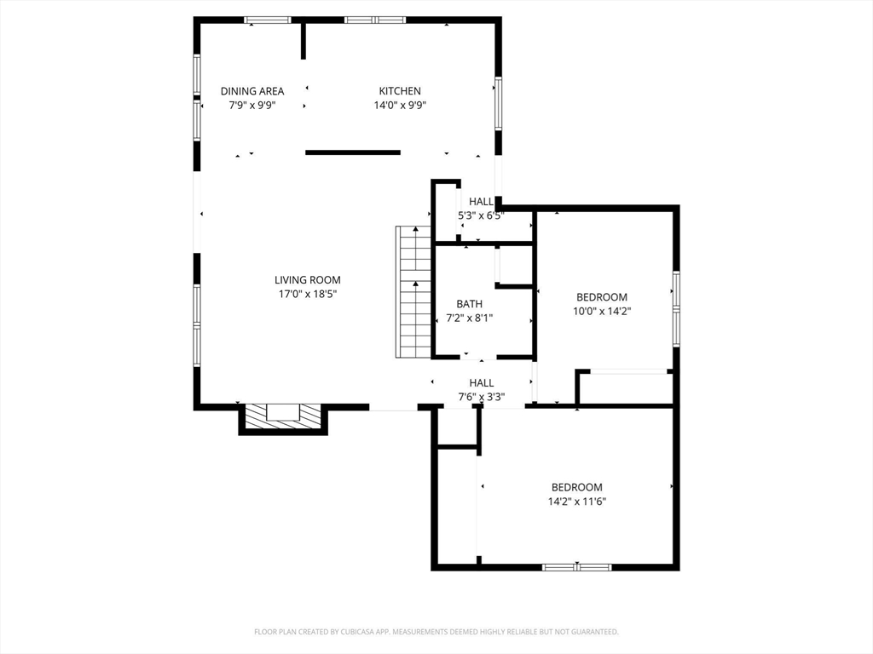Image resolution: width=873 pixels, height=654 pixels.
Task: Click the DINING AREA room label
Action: pyautogui.click(x=252, y=91)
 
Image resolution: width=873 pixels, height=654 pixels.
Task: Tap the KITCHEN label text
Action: pyautogui.click(x=400, y=91)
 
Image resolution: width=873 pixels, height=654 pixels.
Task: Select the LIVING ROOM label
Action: pyautogui.click(x=307, y=280)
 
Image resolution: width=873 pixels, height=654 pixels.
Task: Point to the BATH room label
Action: pyautogui.click(x=470, y=304)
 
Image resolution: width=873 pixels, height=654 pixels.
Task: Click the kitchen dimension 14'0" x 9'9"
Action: pyautogui.click(x=400, y=105)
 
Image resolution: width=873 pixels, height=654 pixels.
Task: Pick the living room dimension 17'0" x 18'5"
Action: pyautogui.click(x=308, y=294)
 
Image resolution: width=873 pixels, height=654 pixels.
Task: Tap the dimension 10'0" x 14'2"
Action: pyautogui.click(x=602, y=312)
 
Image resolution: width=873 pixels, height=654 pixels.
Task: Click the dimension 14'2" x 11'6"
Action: pyautogui.click(x=577, y=502)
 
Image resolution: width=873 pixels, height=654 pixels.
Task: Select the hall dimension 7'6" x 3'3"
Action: pyautogui.click(x=481, y=397)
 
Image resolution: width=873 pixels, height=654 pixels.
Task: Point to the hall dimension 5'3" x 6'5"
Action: pyautogui.click(x=481, y=215)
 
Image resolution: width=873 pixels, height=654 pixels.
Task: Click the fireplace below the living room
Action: pyautogui.click(x=283, y=418)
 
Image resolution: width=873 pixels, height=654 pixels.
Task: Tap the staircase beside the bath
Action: pyautogui.click(x=413, y=291)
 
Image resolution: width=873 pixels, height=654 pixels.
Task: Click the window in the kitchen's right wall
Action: pyautogui.click(x=498, y=103)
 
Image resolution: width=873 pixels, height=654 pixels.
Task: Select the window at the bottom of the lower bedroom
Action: pyautogui.click(x=577, y=567)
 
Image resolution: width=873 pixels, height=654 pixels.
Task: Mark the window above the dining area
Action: pyautogui.click(x=268, y=20)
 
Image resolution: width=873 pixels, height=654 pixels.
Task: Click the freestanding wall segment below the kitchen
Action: pyautogui.click(x=353, y=152)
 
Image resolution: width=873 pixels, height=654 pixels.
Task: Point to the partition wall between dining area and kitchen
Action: pyautogui.click(x=304, y=40)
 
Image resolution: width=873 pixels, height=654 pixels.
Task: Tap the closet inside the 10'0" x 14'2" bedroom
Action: pyautogui.click(x=625, y=387)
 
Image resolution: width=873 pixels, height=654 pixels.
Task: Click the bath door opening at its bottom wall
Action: pyautogui.click(x=479, y=357)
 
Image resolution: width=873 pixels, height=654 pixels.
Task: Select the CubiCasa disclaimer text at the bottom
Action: pyautogui.click(x=436, y=632)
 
